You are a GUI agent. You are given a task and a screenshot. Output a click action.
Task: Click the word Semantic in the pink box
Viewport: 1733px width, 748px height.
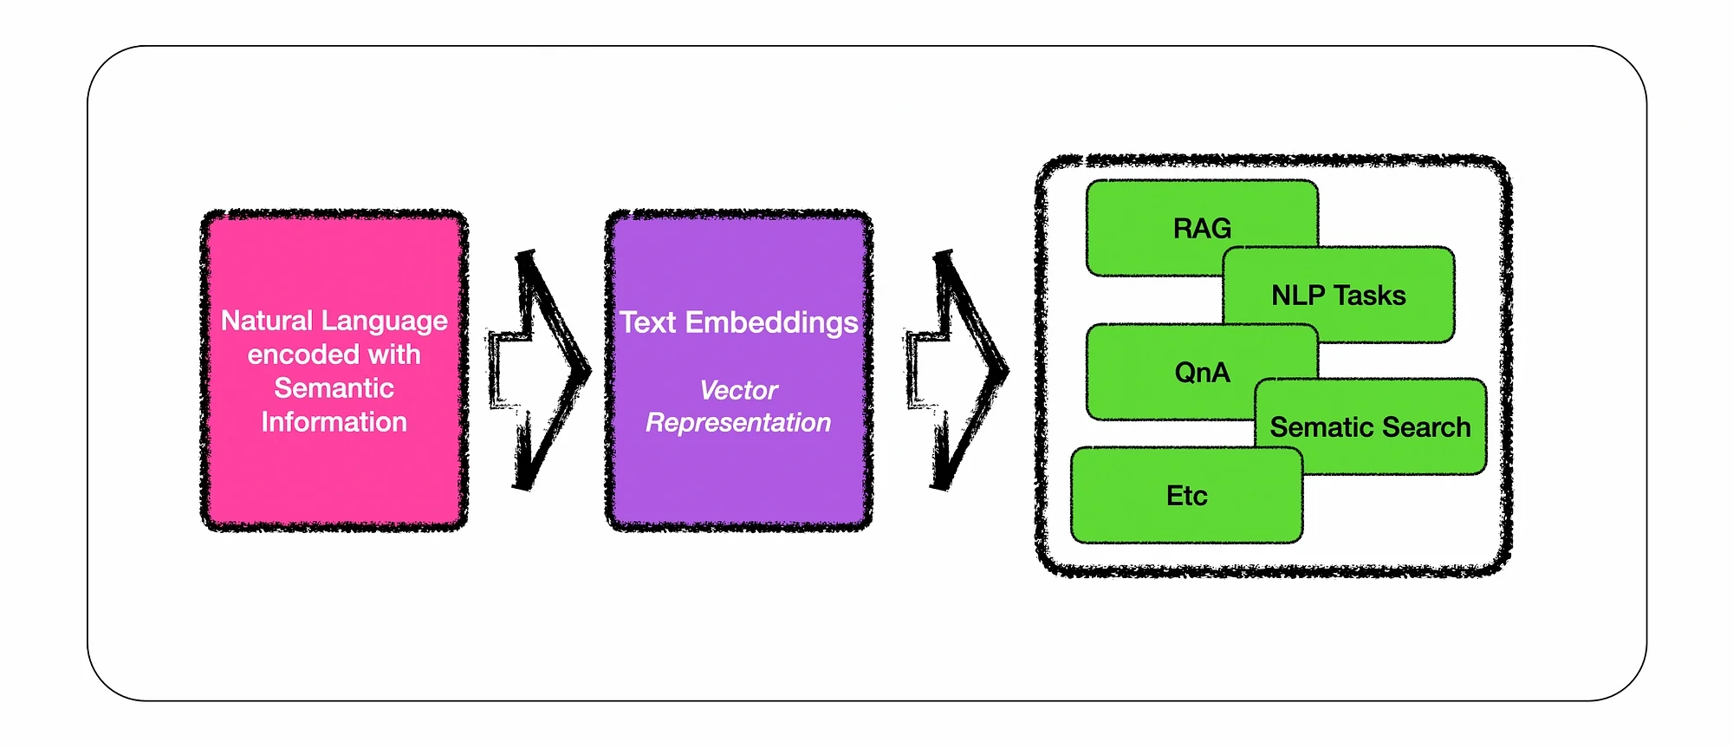coord(334,388)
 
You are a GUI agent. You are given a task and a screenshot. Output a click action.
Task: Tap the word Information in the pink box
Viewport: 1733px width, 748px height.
coord(334,422)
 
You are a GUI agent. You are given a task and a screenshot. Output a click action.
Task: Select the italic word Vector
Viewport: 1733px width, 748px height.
coord(738,390)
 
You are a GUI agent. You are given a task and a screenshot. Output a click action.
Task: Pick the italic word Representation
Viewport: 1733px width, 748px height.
coord(738,423)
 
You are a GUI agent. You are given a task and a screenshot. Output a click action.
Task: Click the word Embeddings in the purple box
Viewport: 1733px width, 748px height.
coord(771,322)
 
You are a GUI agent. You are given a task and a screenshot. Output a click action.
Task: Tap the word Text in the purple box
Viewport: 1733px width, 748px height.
coord(647,322)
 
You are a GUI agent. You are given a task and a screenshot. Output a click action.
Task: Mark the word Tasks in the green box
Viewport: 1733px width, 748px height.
coord(1370,296)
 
